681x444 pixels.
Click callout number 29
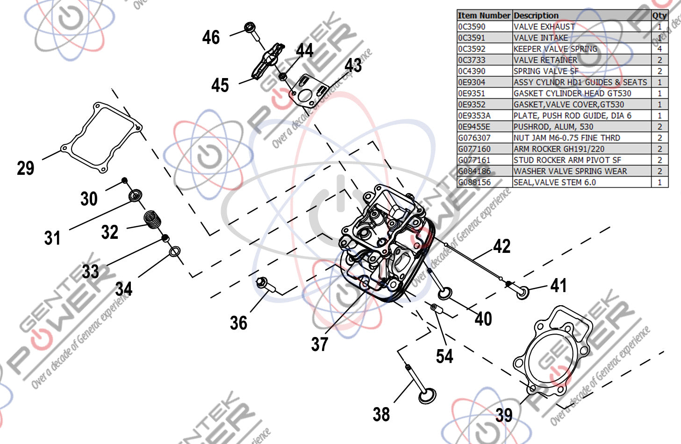[x=26, y=168]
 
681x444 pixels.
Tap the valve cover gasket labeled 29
[x=102, y=137]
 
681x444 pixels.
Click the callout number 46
[x=211, y=37]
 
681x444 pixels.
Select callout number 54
[x=444, y=357]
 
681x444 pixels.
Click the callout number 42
[x=502, y=247]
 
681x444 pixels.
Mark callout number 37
[x=320, y=344]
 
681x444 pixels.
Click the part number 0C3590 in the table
[x=472, y=27]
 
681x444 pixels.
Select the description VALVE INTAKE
[x=541, y=38]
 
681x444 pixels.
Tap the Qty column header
[x=659, y=15]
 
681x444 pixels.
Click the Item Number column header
[x=484, y=15]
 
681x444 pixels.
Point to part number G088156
[x=474, y=182]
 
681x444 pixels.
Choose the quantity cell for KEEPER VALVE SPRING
[x=659, y=49]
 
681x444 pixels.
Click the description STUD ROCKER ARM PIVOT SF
[x=567, y=160]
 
